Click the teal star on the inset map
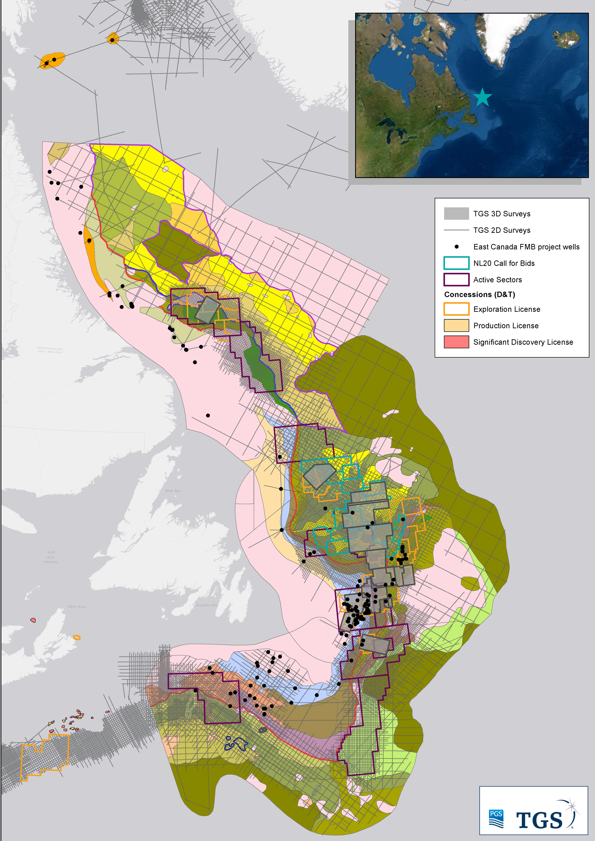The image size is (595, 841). pos(482,97)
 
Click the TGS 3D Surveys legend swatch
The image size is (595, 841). pos(456,214)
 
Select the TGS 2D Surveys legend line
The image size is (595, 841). pos(456,230)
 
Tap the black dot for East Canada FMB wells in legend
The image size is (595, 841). pos(456,247)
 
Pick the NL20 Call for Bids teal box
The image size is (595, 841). pos(456,263)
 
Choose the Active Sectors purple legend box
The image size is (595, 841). pos(456,280)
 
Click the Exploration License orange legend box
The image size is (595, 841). pos(456,309)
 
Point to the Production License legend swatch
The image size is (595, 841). pos(456,325)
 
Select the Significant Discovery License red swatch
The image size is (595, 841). pos(456,342)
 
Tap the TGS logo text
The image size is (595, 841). pos(539,820)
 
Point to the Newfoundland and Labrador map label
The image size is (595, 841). pos(50,350)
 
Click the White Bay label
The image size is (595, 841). pos(172,491)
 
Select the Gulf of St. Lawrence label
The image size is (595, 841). pos(51,557)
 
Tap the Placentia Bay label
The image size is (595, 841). pos(207,605)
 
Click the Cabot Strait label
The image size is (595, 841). pos(76,607)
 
